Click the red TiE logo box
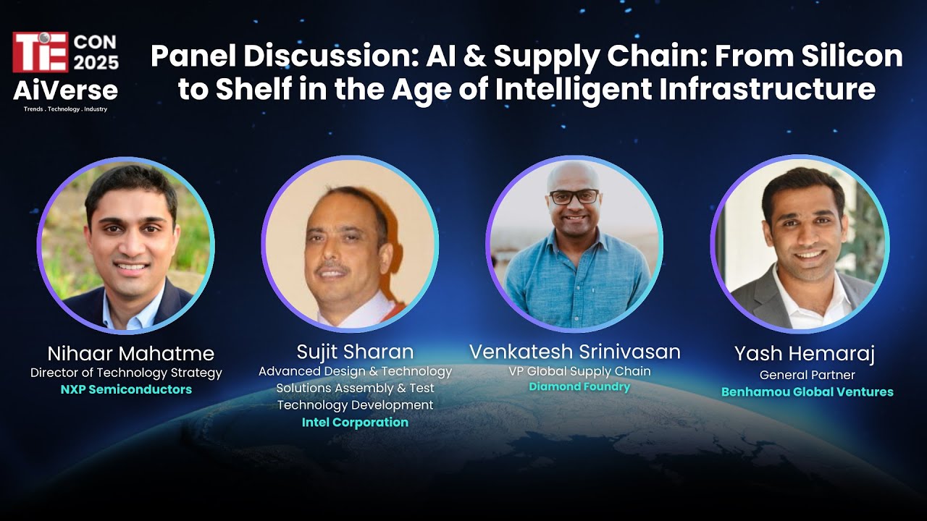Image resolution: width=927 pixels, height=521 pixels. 41,51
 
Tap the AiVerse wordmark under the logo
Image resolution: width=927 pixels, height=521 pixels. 65,90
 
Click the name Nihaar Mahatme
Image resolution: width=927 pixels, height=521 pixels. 131,354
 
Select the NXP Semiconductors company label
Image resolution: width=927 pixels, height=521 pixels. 126,390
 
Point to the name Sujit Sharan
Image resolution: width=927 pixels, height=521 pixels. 355,352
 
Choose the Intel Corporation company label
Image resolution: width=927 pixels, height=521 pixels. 355,423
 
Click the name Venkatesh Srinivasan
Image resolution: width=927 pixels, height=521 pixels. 575,352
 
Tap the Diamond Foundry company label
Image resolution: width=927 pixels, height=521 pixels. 579,387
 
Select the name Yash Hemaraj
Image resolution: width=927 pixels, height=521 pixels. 804,354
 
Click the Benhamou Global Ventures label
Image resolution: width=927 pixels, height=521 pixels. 807,392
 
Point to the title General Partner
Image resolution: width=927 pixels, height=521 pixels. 807,375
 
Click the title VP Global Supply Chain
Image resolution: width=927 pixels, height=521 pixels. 579,371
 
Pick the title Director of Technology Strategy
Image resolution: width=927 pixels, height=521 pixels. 126,373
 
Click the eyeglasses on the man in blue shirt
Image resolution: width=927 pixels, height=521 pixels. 574,196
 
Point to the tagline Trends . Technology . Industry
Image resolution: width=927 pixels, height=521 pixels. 65,109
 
